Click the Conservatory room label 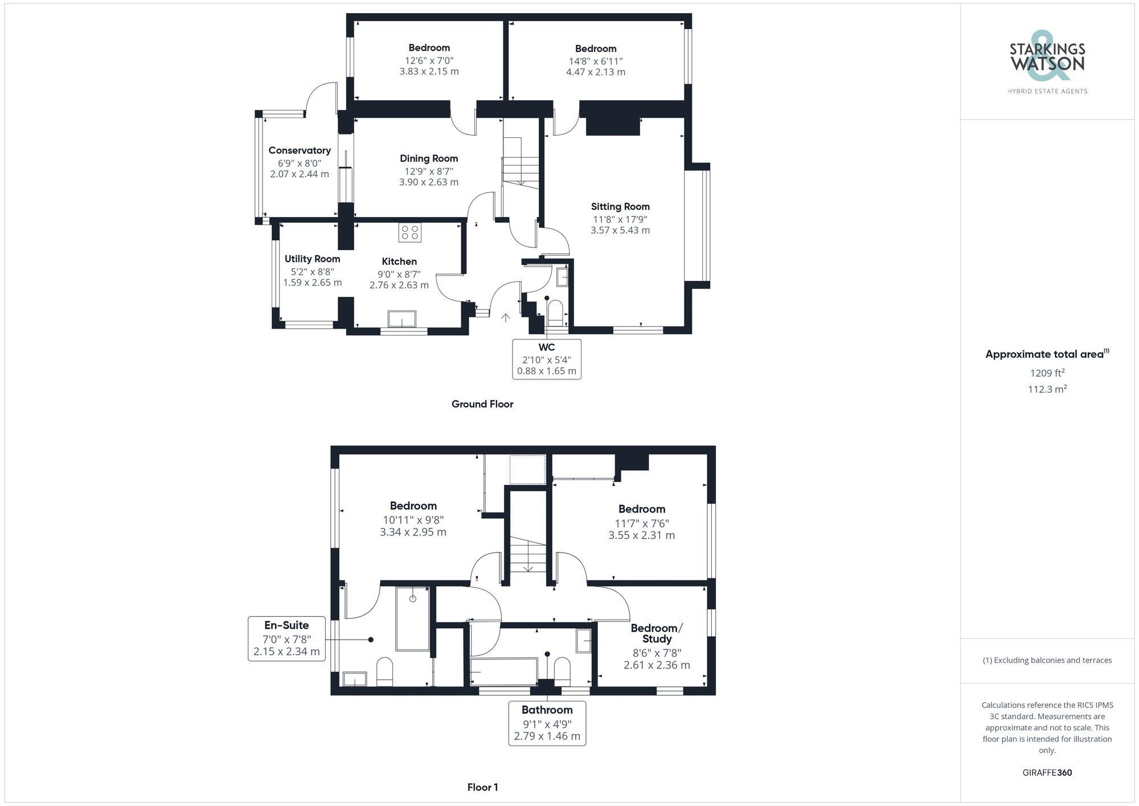coord(300,150)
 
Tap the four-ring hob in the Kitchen coord(410,232)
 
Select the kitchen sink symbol coord(402,319)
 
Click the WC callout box coord(547,359)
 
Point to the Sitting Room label coord(620,207)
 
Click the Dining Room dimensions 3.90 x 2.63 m coord(429,182)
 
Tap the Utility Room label coord(312,259)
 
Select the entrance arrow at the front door coord(505,317)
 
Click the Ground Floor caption coord(482,404)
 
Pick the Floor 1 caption coord(482,787)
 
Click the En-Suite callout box coord(286,639)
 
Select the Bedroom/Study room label coord(657,633)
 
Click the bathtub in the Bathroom coord(503,672)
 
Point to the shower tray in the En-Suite coord(413,618)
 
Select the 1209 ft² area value coord(1047,373)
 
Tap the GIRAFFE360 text coord(1047,773)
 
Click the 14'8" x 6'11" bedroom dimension coord(596,61)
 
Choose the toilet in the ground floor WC coord(555,312)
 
